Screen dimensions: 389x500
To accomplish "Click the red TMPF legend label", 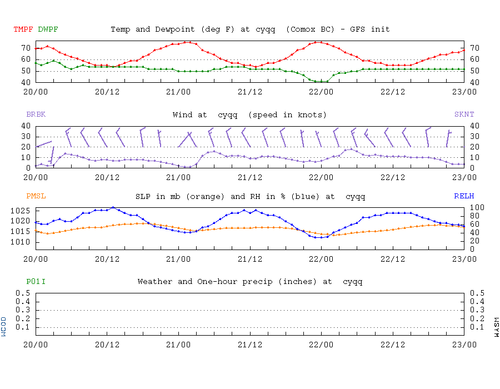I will point(24,29).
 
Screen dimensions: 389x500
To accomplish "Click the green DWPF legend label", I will point(48,29).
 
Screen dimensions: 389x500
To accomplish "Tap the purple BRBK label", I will point(36,114).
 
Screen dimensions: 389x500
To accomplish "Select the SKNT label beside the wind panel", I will point(464,114).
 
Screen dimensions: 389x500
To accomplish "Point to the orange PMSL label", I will point(36,196).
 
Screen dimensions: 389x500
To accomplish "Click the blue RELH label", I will point(464,196).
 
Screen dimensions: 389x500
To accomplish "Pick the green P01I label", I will point(36,282).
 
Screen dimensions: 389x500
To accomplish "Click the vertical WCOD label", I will point(4,326).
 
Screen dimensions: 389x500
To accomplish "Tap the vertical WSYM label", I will point(496,326).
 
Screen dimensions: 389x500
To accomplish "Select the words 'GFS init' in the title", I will point(371,29).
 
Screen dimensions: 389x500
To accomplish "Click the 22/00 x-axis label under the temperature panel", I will point(321,91).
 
